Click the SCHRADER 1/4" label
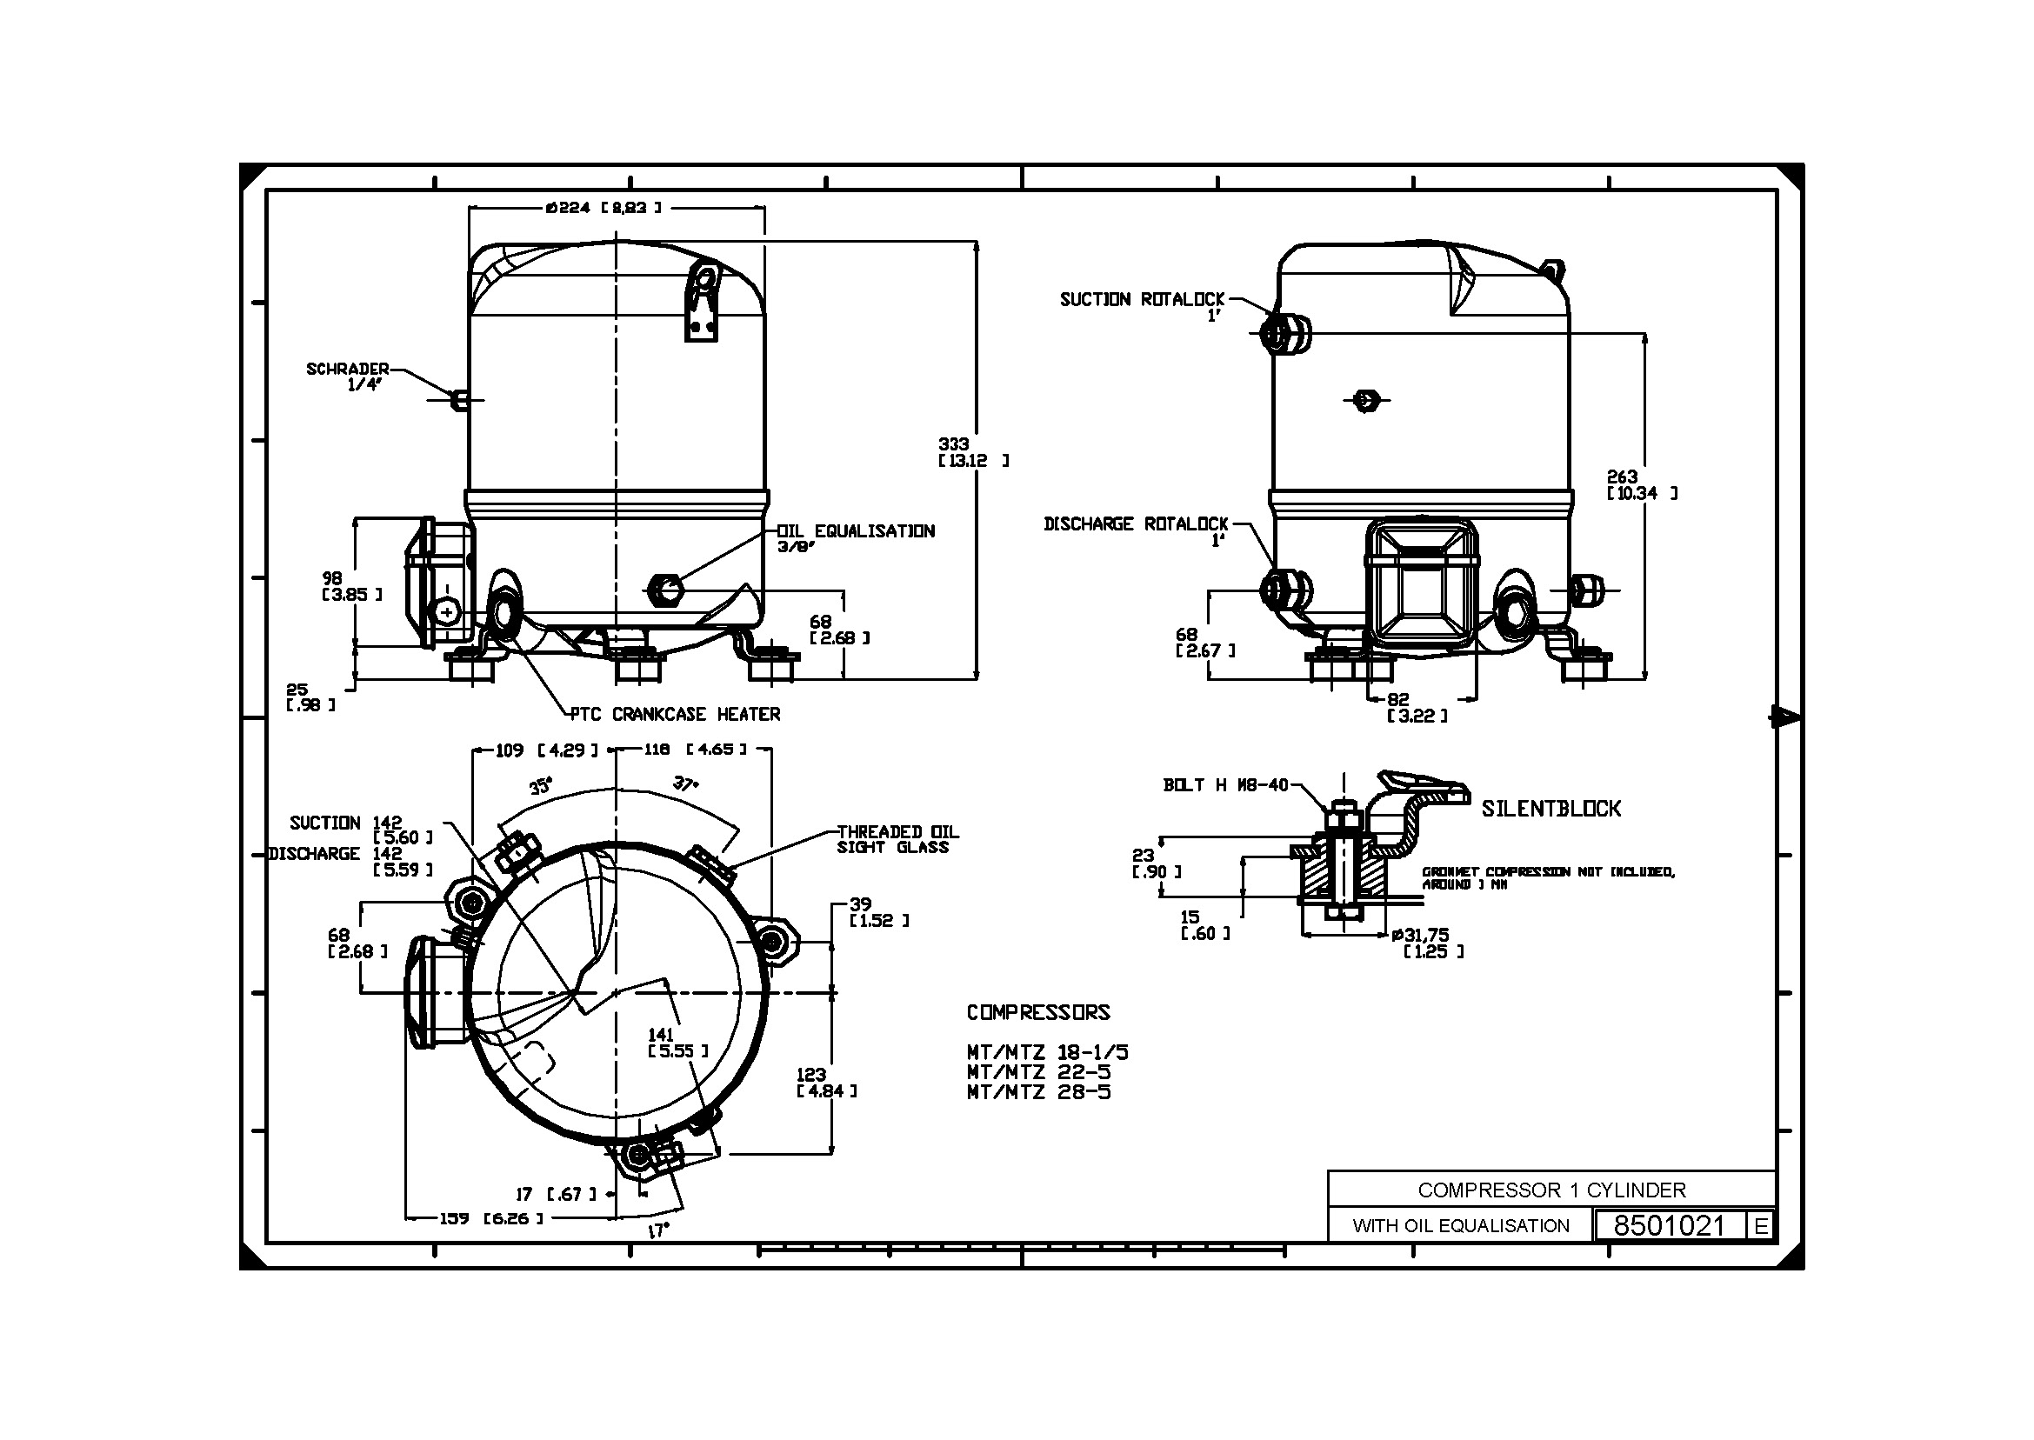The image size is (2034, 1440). tap(349, 376)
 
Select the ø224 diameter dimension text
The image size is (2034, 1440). tap(604, 208)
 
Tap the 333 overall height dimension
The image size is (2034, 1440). tap(955, 444)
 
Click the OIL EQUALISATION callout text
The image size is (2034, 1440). tap(857, 531)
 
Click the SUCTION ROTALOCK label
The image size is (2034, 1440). tap(1142, 300)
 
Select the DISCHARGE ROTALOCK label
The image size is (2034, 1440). tap(1136, 524)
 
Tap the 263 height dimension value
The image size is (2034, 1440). tap(1623, 477)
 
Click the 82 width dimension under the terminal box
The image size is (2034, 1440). tap(1398, 700)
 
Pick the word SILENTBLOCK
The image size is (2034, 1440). tap(1551, 809)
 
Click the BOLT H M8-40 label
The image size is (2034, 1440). tap(1225, 784)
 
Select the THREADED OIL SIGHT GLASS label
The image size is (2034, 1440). tap(897, 839)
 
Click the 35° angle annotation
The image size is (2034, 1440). tap(541, 785)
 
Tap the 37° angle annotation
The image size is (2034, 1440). tap(685, 783)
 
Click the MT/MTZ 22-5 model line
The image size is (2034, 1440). tap(1038, 1072)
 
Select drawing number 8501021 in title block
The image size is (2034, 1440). tap(1669, 1225)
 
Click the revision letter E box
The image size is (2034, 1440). tap(1761, 1225)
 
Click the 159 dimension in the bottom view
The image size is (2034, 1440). tap(455, 1218)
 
